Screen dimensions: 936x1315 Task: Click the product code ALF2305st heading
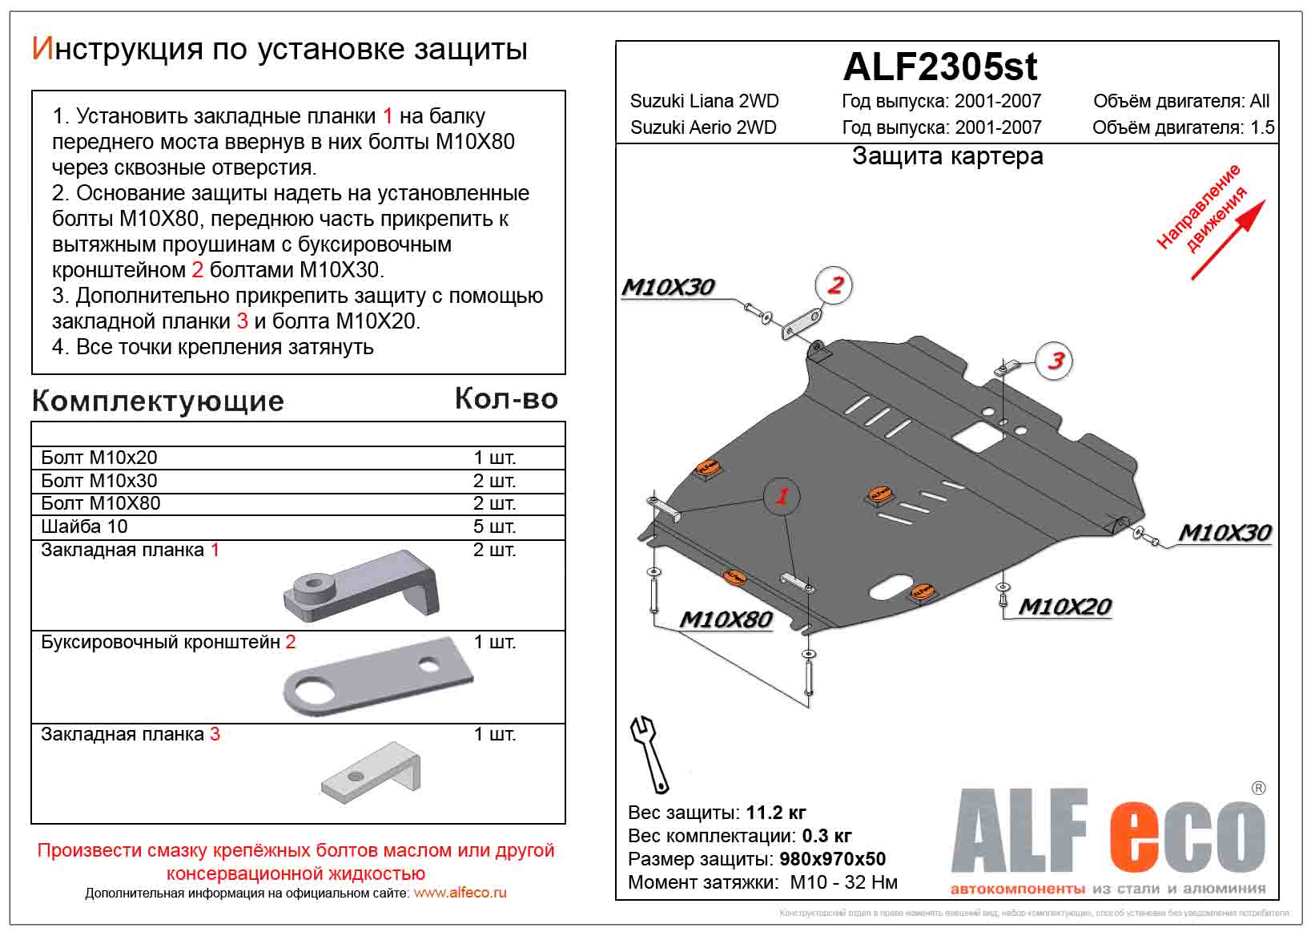[x=940, y=67]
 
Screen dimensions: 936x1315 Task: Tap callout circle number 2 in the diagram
[x=834, y=285]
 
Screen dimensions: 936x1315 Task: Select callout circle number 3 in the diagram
[x=1056, y=361]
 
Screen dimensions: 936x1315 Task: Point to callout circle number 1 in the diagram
[x=782, y=496]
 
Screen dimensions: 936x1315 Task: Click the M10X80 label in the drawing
[x=726, y=619]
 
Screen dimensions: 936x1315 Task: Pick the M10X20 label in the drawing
[x=1064, y=607]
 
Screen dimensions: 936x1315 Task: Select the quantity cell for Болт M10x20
[x=494, y=458]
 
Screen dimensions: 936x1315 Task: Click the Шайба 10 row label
[x=84, y=526]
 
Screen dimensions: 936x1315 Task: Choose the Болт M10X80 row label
[x=101, y=503]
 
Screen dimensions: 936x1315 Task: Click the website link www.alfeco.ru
[x=460, y=893]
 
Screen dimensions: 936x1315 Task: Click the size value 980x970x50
[x=832, y=859]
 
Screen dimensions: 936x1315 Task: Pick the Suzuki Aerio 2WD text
[x=703, y=127]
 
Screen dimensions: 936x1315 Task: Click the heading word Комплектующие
[x=158, y=401]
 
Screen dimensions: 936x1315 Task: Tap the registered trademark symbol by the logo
[x=1258, y=788]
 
